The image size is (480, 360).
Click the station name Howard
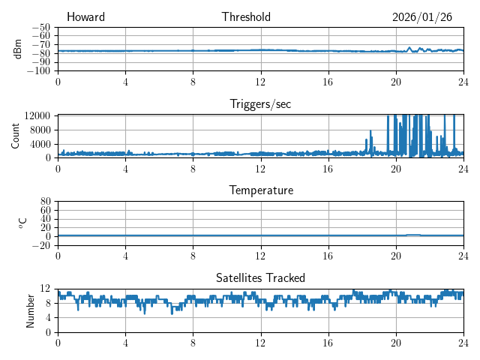click(85, 17)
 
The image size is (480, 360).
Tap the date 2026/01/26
click(422, 17)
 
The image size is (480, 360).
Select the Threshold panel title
click(246, 17)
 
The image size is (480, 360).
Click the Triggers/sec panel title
click(260, 104)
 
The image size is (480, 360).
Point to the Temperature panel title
click(260, 190)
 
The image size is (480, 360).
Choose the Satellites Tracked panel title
click(260, 277)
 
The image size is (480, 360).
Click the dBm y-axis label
click(17, 49)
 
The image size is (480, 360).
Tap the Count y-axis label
click(15, 136)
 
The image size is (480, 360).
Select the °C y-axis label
click(22, 223)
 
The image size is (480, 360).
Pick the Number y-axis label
click(30, 310)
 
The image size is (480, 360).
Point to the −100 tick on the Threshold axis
click(38, 71)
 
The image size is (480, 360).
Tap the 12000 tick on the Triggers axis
click(37, 115)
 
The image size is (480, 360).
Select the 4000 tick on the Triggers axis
click(40, 143)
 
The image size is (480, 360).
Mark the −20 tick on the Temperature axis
click(41, 245)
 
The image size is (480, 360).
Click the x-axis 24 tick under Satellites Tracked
click(463, 342)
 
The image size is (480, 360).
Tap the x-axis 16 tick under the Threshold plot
click(328, 81)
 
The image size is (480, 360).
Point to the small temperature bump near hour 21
click(413, 235)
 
